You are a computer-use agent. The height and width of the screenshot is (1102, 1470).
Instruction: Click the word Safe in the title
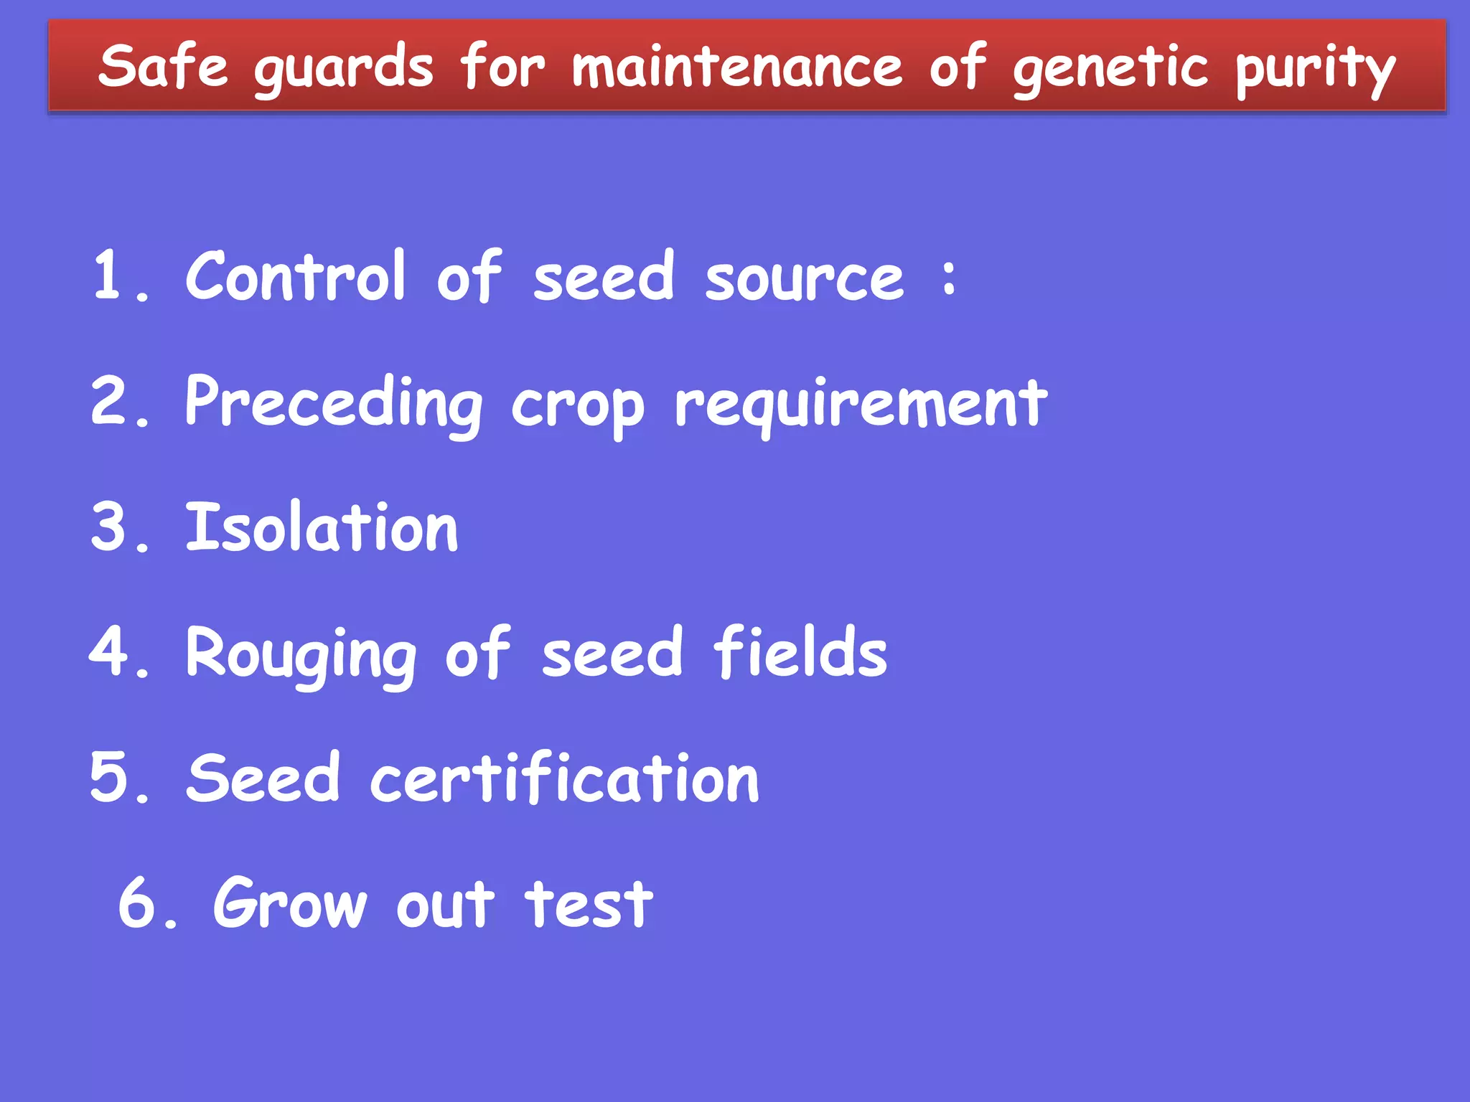coord(163,66)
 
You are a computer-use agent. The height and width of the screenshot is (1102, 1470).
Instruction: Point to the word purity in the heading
coord(1315,70)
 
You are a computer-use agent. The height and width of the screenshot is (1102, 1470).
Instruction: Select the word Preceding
coord(334,403)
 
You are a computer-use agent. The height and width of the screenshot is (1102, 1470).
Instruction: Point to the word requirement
coord(861,406)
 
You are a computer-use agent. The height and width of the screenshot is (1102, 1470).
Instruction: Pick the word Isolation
coord(322,527)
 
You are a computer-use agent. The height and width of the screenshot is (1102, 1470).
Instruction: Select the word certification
coord(564,779)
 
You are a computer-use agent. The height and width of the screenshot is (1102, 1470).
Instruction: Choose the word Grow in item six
coord(290,903)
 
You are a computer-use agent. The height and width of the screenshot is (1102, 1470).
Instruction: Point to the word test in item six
coord(589,905)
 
